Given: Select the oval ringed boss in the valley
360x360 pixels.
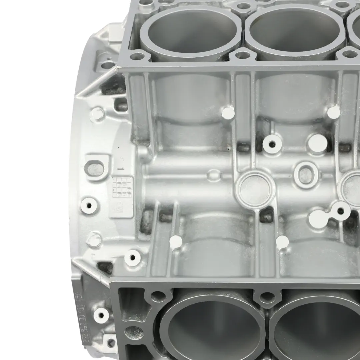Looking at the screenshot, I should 305,173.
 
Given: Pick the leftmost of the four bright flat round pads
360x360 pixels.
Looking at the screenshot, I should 176,242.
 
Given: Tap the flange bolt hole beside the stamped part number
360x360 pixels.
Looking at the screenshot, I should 100,313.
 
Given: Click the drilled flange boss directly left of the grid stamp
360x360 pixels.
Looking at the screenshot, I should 90,203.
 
